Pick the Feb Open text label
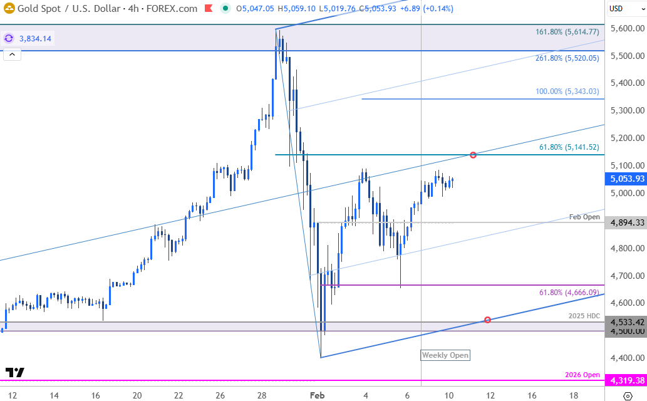[x=584, y=217]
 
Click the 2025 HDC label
[x=584, y=316]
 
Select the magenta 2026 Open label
[x=582, y=375]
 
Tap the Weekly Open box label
[x=445, y=355]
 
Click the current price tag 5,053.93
[x=626, y=179]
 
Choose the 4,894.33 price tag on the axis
[x=626, y=222]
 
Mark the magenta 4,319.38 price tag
[x=626, y=380]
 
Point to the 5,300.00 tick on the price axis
[x=626, y=111]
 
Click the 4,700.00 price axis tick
[x=626, y=276]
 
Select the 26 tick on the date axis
[x=220, y=395]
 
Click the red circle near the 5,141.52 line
[x=473, y=155]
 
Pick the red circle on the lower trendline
[x=487, y=320]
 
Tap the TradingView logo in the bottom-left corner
[x=14, y=372]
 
